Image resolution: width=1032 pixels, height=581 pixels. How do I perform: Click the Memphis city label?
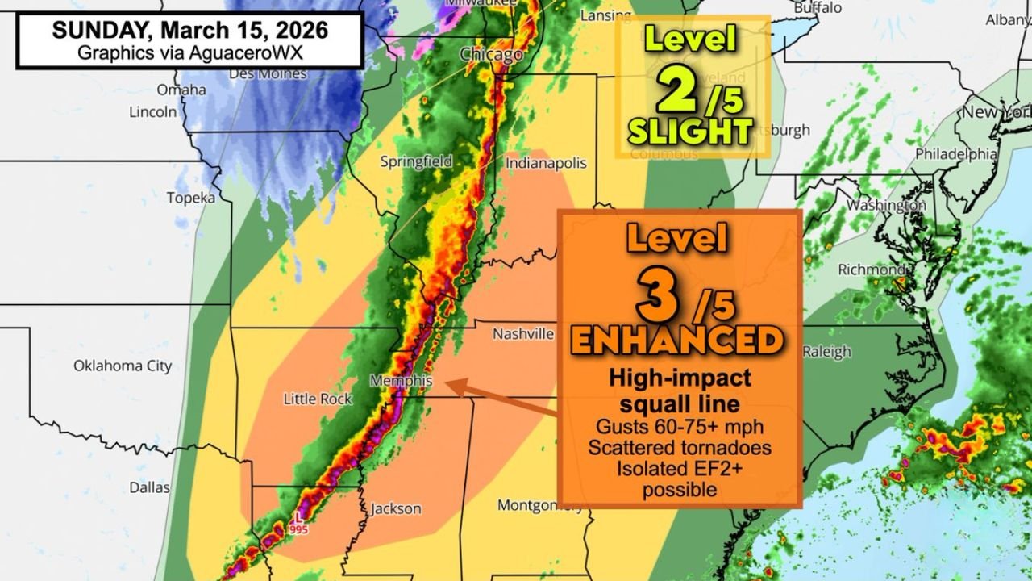[401, 381]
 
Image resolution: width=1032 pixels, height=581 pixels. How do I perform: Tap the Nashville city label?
[523, 333]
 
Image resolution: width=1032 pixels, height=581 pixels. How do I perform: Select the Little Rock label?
[318, 399]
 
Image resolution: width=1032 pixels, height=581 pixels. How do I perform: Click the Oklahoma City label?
[123, 366]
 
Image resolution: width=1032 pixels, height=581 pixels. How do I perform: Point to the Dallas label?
[150, 487]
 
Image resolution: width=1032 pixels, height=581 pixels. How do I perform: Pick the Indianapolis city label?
[546, 163]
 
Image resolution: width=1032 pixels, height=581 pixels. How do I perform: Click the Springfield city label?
[416, 161]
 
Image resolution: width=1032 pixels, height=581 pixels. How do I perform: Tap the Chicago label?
[491, 55]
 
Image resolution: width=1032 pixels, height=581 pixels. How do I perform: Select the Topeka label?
[191, 198]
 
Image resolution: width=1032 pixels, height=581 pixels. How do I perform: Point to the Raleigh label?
[826, 351]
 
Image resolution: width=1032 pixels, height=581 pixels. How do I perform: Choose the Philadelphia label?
[956, 153]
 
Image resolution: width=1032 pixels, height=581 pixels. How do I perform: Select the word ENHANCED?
[677, 341]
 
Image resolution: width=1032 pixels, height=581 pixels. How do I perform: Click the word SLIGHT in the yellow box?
[690, 131]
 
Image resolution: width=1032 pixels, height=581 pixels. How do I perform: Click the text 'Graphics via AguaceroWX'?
[190, 52]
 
